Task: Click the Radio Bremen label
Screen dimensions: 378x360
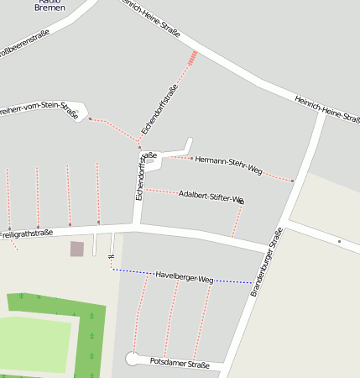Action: (51, 6)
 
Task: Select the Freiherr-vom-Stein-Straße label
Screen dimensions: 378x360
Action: (38, 110)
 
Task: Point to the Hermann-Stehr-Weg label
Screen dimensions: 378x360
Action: (228, 165)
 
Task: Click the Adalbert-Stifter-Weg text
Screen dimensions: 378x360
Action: (211, 197)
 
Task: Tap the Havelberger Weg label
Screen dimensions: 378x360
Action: (185, 276)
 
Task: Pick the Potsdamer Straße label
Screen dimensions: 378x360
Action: (179, 364)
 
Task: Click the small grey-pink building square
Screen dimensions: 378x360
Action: (77, 249)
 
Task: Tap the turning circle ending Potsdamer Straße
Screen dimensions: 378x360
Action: (133, 359)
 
